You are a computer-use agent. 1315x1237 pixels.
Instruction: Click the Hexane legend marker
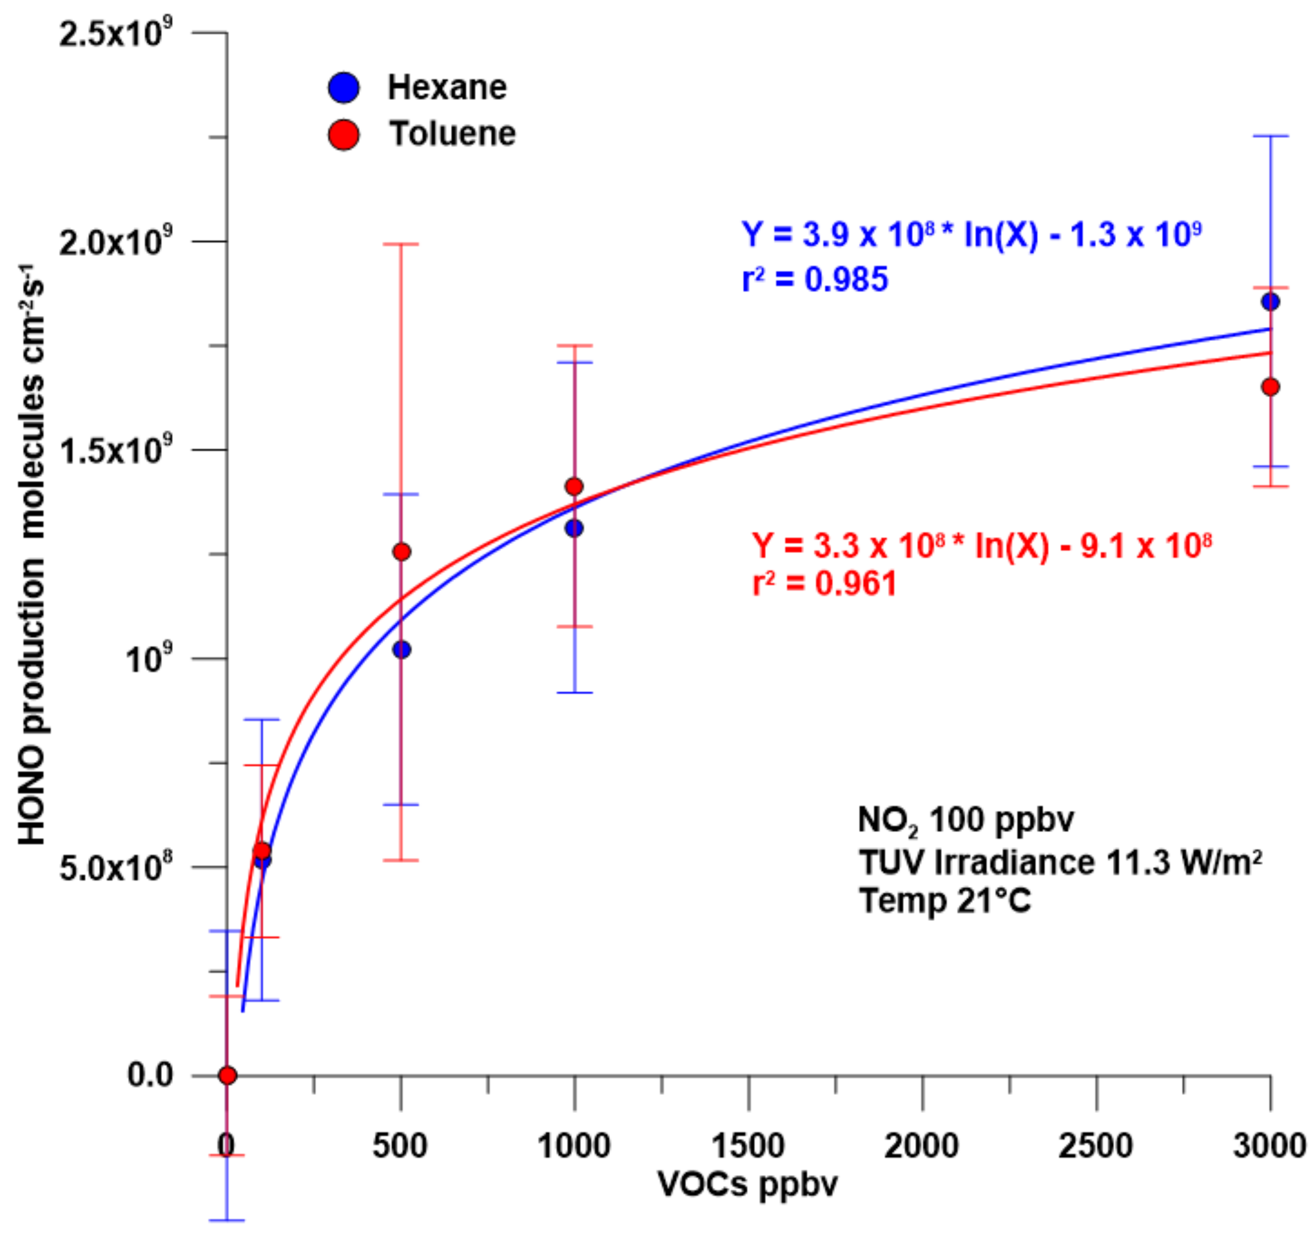pos(343,87)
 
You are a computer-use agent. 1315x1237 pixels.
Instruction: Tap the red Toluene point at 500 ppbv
pos(402,551)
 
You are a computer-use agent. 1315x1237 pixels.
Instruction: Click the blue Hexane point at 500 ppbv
pos(402,650)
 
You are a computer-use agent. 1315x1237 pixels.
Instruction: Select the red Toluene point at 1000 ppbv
pos(574,487)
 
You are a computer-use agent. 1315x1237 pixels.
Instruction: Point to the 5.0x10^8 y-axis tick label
pos(116,867)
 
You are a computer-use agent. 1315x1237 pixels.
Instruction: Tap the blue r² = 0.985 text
pos(814,279)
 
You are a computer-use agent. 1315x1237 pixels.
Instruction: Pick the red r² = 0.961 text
pos(824,584)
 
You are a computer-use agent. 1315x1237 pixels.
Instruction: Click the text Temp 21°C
pos(945,901)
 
